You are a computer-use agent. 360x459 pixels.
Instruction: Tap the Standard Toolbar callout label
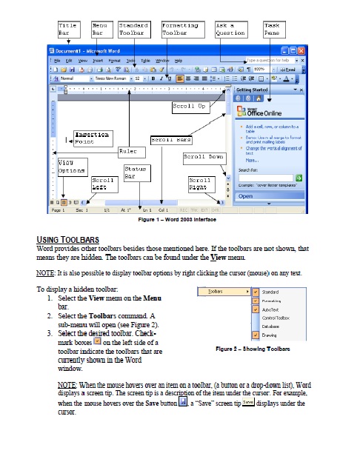(135, 29)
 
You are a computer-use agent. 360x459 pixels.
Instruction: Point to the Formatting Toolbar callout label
(180, 29)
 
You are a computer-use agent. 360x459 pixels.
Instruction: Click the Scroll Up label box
(190, 107)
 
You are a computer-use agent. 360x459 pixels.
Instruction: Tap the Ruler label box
(132, 151)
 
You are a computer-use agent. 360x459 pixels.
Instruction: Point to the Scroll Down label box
(203, 158)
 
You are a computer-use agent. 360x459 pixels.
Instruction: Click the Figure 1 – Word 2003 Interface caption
(179, 220)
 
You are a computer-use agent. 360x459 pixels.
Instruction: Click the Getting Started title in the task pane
(253, 89)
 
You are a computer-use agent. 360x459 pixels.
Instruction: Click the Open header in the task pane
(247, 196)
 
